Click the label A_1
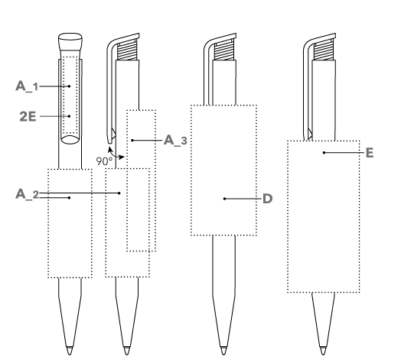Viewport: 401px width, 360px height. point(27,86)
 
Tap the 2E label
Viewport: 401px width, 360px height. point(28,116)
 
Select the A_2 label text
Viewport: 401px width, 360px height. point(27,194)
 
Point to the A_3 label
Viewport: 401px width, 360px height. point(175,141)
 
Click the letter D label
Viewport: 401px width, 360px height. point(268,199)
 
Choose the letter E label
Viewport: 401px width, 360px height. point(370,153)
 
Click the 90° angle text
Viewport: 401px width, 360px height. point(104,161)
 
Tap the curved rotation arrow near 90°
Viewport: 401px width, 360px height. point(114,154)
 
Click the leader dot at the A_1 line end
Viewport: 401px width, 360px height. point(70,86)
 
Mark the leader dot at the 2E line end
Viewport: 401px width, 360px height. point(70,116)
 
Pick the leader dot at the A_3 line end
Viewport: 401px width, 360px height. point(132,141)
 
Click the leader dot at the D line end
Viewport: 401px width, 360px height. point(224,199)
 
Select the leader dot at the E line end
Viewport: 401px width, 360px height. point(324,153)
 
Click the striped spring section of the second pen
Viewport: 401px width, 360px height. point(127,50)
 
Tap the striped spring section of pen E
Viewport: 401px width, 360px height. point(324,50)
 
